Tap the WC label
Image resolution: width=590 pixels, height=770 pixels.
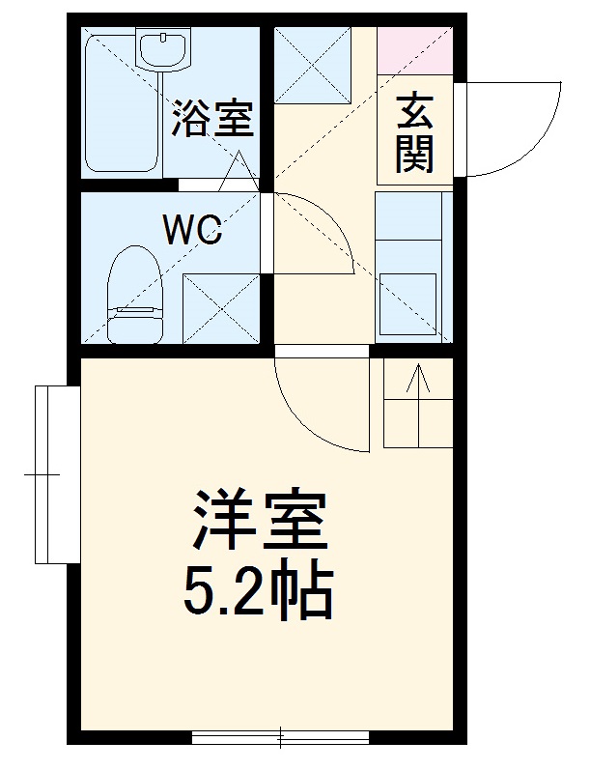point(192,229)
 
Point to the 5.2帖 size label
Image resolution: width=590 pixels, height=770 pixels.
point(259,592)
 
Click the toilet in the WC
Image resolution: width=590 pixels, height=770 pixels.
point(133,295)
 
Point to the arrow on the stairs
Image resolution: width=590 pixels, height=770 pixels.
point(419,386)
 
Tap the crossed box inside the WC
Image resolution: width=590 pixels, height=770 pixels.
point(220,309)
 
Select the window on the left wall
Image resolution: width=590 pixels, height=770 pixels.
point(56,474)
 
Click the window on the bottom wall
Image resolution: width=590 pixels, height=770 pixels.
point(280,739)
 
